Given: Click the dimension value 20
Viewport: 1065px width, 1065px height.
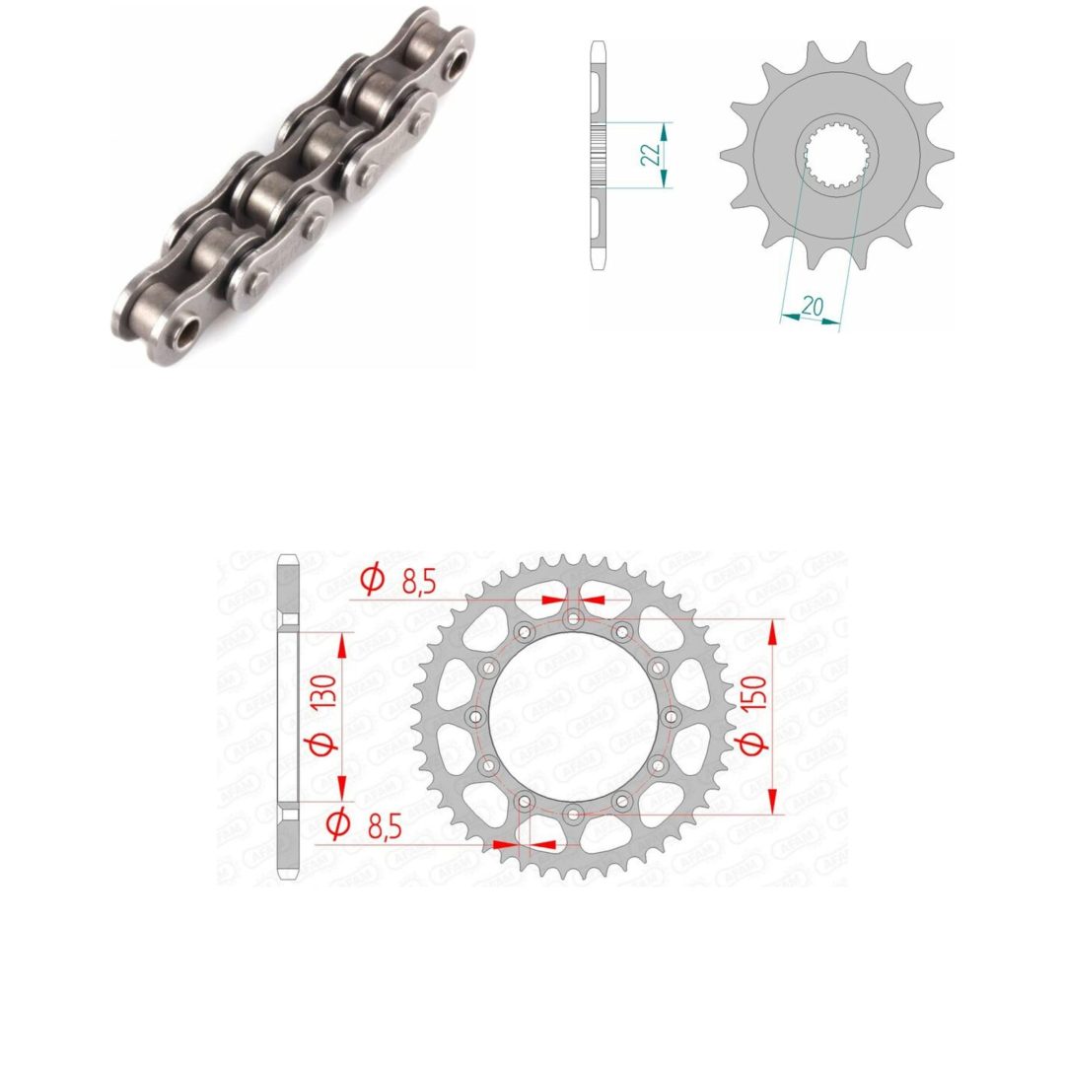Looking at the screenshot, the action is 812,307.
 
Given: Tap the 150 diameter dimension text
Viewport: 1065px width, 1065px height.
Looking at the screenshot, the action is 754,714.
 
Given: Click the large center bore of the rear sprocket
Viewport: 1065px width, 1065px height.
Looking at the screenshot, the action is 574,716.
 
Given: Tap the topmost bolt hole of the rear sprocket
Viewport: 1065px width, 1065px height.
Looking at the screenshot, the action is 574,618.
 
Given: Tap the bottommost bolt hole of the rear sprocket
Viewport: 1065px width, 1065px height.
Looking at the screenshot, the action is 574,814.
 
